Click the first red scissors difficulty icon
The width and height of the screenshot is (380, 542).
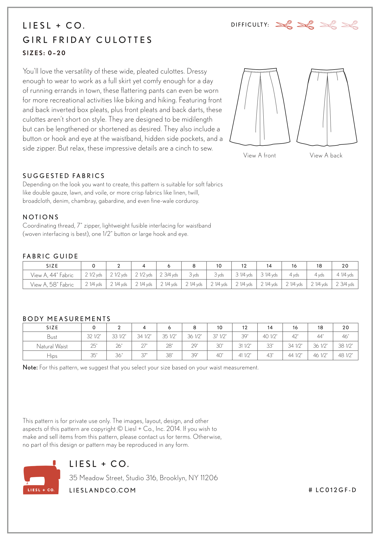(284, 25)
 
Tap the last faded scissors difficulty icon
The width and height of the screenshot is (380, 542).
(350, 25)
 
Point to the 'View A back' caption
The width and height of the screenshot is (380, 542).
(326, 156)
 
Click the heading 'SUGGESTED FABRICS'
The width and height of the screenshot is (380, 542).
(64, 176)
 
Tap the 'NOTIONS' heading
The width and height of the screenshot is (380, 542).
(41, 217)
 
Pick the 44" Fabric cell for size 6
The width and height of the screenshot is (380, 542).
(169, 275)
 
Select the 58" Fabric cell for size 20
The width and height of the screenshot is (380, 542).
(345, 284)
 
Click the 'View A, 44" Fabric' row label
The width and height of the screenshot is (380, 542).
(52, 275)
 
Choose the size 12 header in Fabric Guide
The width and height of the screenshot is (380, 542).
(244, 266)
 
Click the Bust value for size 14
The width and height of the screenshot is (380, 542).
(270, 336)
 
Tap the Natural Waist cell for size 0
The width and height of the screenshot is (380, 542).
(94, 346)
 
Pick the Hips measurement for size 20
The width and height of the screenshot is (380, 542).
(345, 355)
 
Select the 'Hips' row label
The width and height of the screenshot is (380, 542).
(52, 356)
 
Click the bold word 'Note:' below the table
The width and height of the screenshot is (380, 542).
(30, 367)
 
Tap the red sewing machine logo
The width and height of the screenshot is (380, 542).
(41, 477)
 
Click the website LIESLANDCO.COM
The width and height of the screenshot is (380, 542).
(103, 490)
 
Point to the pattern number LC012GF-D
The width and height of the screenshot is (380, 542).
(332, 490)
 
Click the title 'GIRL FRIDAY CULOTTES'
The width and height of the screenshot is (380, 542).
(87, 40)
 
